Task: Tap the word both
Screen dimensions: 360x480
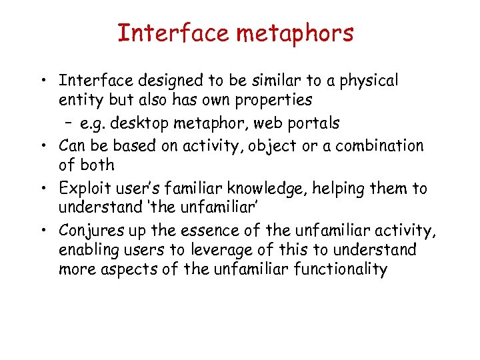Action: [97, 165]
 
